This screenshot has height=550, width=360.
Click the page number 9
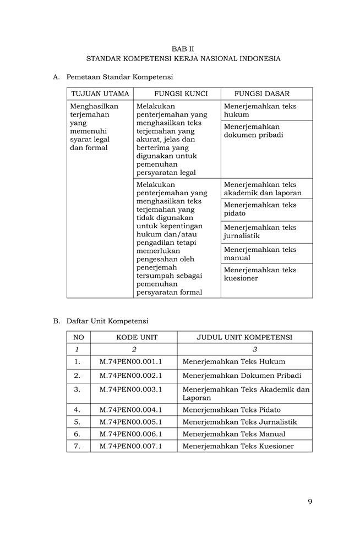click(310, 501)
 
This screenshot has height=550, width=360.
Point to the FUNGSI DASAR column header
click(261, 94)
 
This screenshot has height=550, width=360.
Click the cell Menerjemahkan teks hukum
click(260, 110)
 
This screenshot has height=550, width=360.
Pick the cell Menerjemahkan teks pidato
click(260, 209)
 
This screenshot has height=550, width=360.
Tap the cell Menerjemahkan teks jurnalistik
click(260, 232)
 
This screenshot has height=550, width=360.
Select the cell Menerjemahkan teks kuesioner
click(260, 274)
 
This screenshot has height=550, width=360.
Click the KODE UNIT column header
click(134, 337)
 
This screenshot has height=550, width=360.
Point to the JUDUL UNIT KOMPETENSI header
click(244, 337)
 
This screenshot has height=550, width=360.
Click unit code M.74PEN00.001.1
click(130, 362)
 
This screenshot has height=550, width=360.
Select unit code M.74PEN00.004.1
click(130, 410)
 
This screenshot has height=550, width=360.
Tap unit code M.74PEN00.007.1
click(130, 446)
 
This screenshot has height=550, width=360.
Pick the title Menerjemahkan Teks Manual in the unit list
click(234, 434)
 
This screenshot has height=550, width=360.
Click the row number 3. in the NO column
click(77, 389)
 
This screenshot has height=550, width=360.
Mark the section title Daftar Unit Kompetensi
click(107, 321)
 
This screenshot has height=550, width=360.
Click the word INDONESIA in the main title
click(258, 58)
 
